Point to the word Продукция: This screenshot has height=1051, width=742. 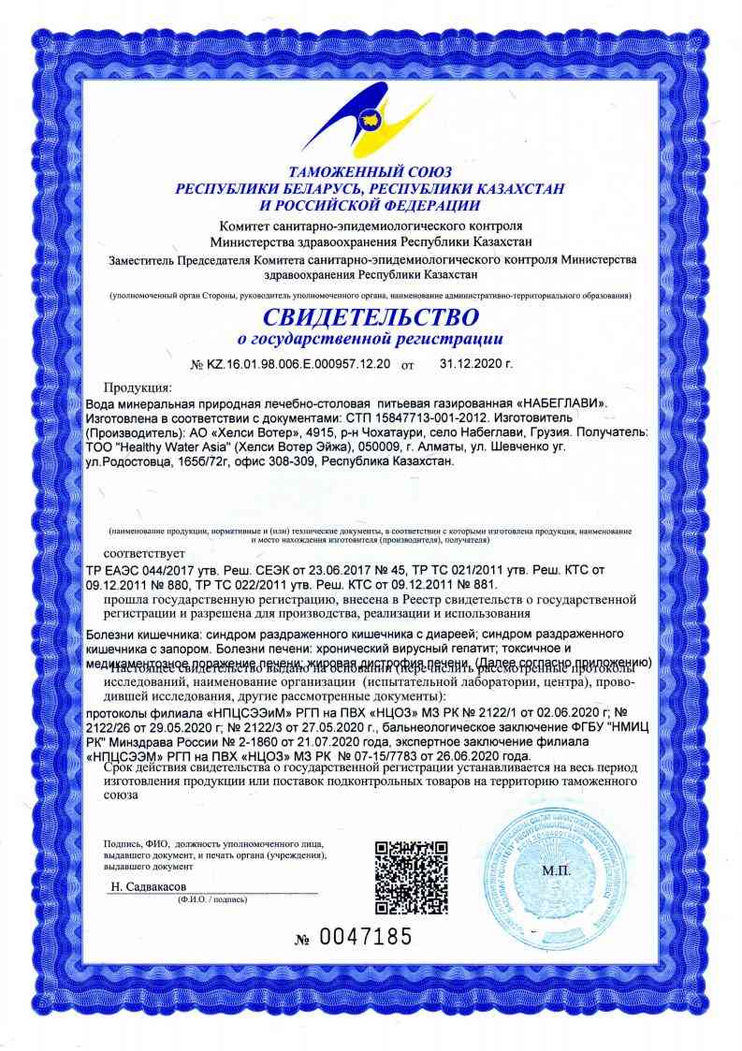coord(138,387)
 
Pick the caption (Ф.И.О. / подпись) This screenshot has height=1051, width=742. coord(211,898)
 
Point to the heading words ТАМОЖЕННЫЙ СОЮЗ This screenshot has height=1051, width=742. coord(371,173)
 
